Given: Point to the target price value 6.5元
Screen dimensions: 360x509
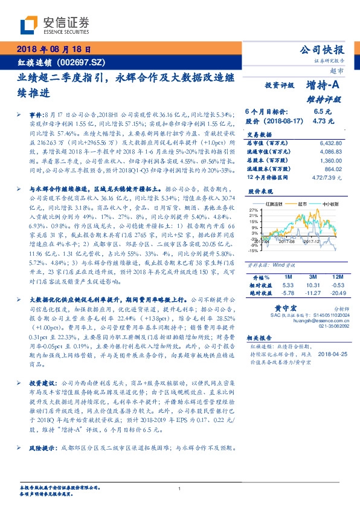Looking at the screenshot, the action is click(322, 112).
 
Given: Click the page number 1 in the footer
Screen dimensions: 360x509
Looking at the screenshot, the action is click(180, 488).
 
